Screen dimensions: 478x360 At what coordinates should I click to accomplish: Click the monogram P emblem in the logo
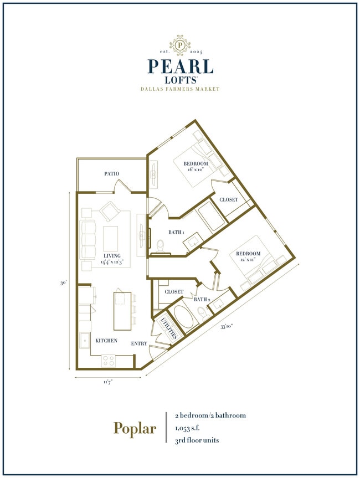[179, 44]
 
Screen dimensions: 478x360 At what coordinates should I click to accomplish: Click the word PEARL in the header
[180, 66]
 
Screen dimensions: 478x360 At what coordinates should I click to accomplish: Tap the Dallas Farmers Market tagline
[180, 89]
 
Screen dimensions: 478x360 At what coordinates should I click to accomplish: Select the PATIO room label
[112, 174]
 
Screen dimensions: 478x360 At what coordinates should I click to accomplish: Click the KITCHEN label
[106, 341]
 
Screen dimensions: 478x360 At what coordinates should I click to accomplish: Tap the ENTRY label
[139, 343]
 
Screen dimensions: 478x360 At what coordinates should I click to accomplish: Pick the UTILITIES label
[168, 328]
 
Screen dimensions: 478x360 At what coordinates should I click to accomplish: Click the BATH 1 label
[177, 233]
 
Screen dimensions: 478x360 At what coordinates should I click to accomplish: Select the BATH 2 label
[202, 300]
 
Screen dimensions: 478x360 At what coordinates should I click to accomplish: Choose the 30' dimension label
[64, 282]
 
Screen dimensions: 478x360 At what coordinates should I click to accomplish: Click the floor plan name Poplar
[135, 428]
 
